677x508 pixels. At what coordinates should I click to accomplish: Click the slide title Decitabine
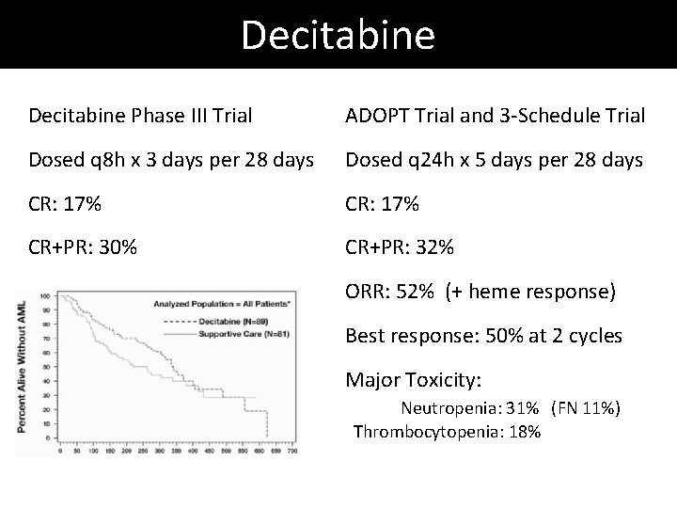pyautogui.click(x=338, y=35)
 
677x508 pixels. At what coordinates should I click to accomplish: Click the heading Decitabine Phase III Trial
pyautogui.click(x=140, y=116)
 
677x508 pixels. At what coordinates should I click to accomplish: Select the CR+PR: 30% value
pyautogui.click(x=84, y=248)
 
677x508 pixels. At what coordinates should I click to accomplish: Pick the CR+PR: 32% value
pyautogui.click(x=401, y=248)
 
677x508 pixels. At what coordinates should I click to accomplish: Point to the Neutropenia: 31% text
pyautogui.click(x=469, y=408)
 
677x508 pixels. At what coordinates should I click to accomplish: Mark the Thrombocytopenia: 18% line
pyautogui.click(x=447, y=431)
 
